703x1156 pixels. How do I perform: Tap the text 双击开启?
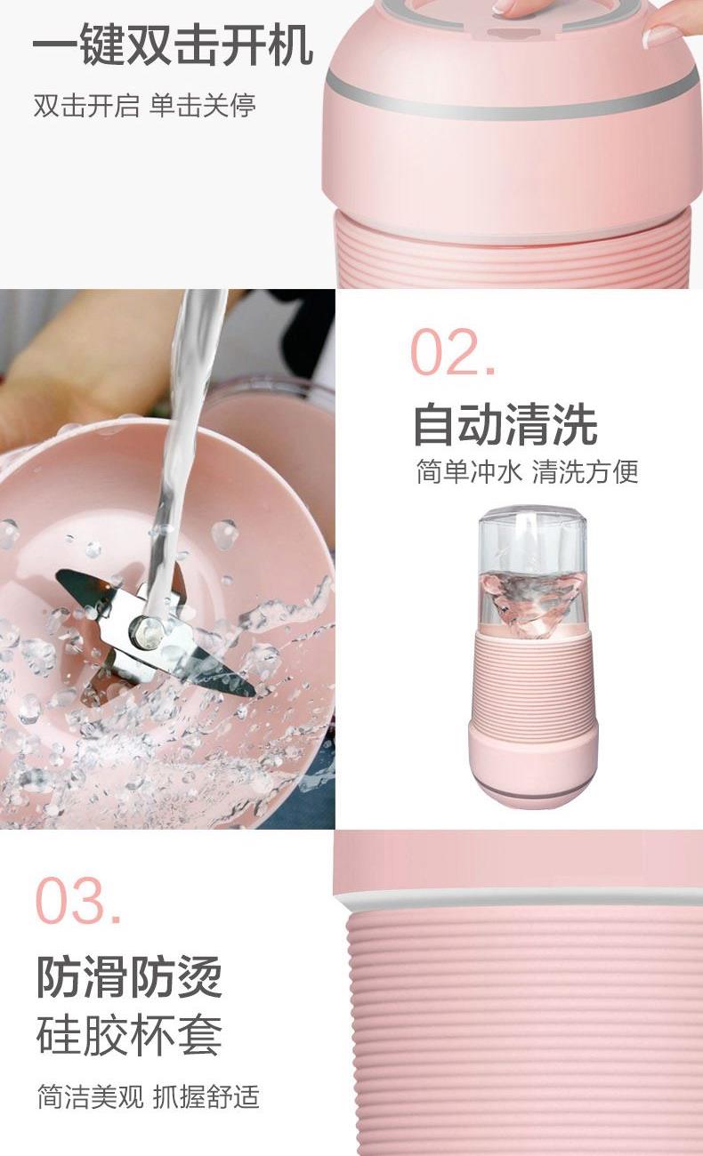click(x=86, y=105)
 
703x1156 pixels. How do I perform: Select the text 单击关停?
click(x=203, y=105)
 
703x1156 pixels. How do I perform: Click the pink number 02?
click(x=453, y=352)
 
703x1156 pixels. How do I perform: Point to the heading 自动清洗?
click(x=505, y=424)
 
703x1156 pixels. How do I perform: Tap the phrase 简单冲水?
click(x=468, y=471)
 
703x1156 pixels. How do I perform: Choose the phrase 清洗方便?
click(x=586, y=471)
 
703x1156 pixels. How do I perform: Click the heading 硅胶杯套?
click(x=129, y=1035)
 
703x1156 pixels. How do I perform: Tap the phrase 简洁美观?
click(x=90, y=1103)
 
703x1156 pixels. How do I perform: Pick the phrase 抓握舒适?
click(x=206, y=1103)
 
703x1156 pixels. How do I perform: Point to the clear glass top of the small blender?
click(x=532, y=542)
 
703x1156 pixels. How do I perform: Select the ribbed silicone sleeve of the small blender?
click(x=534, y=680)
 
